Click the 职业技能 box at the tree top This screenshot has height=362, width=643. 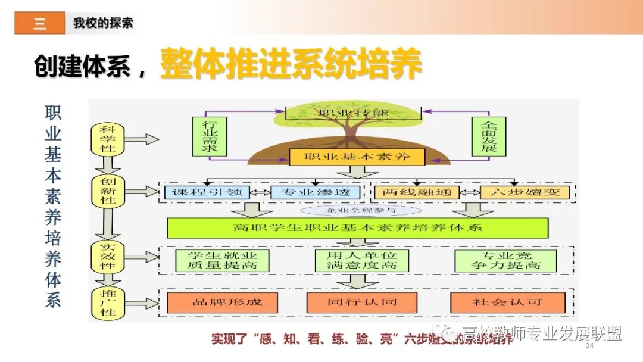353,113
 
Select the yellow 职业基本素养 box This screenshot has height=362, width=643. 357,157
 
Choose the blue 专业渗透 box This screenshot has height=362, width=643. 316,192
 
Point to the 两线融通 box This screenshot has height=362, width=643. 417,192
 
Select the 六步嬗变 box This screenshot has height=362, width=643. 524,192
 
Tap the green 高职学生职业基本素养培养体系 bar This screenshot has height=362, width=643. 357,227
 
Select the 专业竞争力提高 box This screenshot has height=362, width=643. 505,260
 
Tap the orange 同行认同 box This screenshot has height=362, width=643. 361,302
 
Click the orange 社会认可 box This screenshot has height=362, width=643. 507,302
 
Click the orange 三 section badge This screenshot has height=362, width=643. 40,23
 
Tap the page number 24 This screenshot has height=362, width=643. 590,346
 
